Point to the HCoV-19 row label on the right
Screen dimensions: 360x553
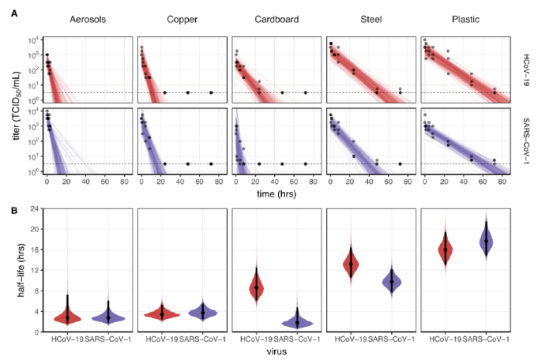[526, 69]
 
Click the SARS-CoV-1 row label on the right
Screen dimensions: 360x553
[526, 141]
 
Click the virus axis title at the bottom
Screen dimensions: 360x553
[271, 353]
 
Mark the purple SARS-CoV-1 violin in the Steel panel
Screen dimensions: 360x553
[391, 280]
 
